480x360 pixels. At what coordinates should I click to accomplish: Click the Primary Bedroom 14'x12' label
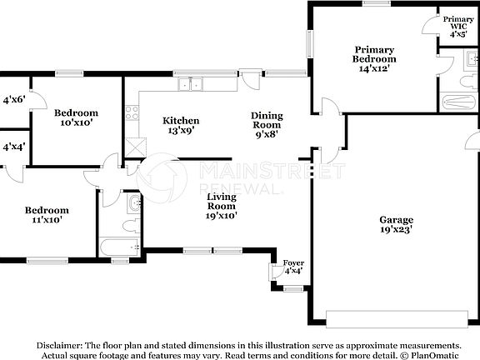[373, 59]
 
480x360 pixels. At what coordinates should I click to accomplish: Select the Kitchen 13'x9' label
[180, 125]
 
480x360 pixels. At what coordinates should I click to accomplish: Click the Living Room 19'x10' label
[222, 205]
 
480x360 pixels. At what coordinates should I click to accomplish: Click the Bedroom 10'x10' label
[76, 117]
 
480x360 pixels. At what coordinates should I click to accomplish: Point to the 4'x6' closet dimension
[14, 100]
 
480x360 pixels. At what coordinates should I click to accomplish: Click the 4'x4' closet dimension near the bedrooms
[13, 147]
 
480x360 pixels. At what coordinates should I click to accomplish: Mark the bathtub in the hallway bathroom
[119, 246]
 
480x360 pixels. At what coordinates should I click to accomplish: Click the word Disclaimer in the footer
[58, 345]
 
